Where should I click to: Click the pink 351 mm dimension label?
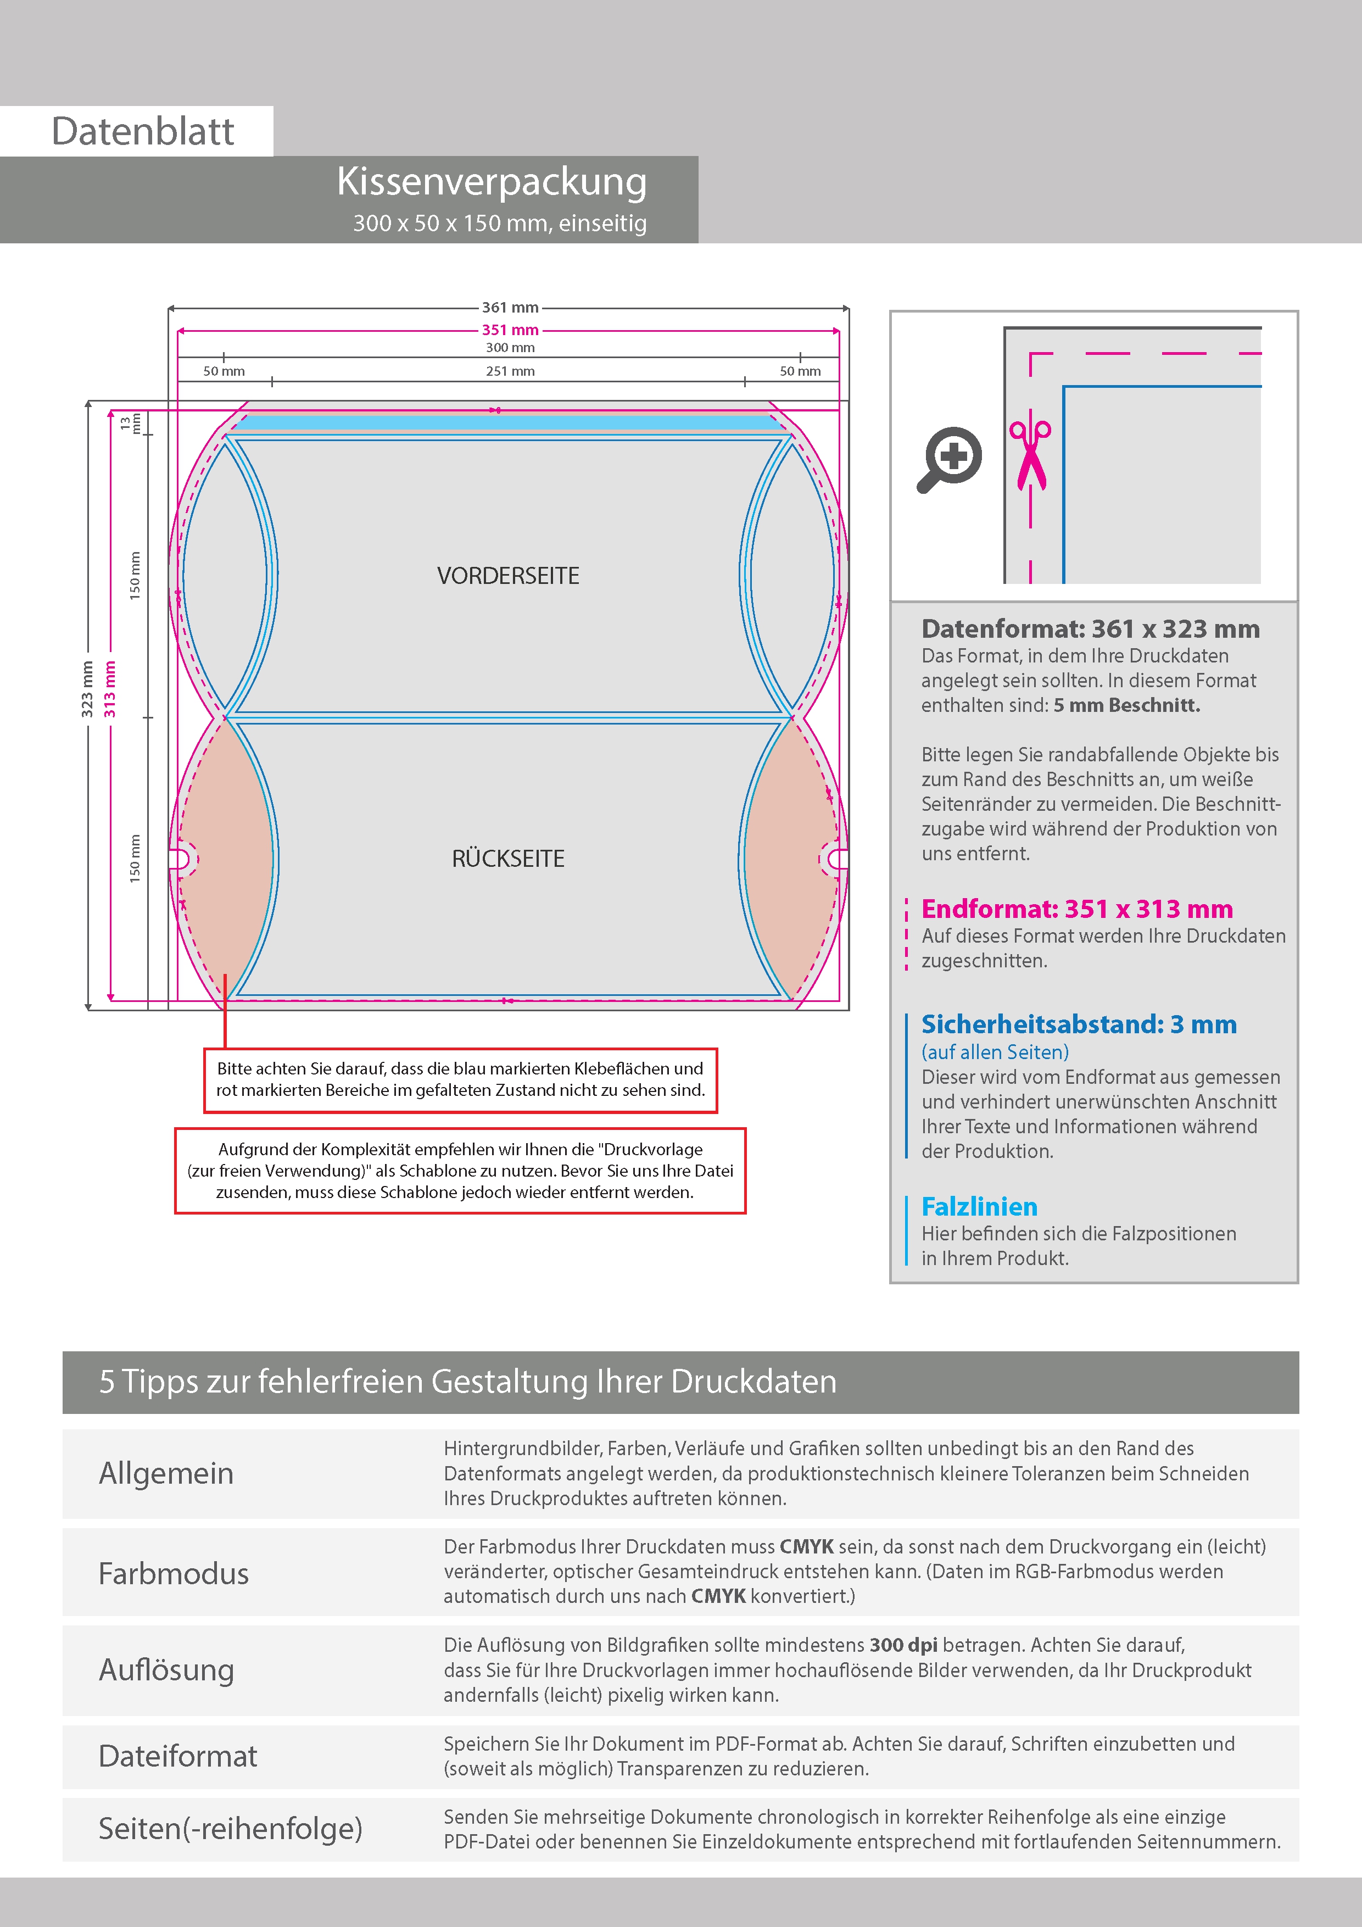pyautogui.click(x=510, y=330)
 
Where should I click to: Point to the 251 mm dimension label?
pyautogui.click(x=510, y=371)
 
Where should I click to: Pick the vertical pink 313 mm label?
pyautogui.click(x=110, y=689)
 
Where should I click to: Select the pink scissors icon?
pyautogui.click(x=1030, y=453)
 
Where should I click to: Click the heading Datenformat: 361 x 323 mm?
pyautogui.click(x=1090, y=628)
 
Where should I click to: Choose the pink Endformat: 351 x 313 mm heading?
pyautogui.click(x=1076, y=909)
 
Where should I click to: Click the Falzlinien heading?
pyautogui.click(x=979, y=1206)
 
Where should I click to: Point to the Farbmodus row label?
pyautogui.click(x=174, y=1574)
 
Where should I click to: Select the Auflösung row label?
pyautogui.click(x=166, y=1669)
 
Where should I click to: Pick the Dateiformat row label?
pyautogui.click(x=178, y=1756)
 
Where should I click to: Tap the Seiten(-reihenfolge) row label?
pyautogui.click(x=230, y=1828)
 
